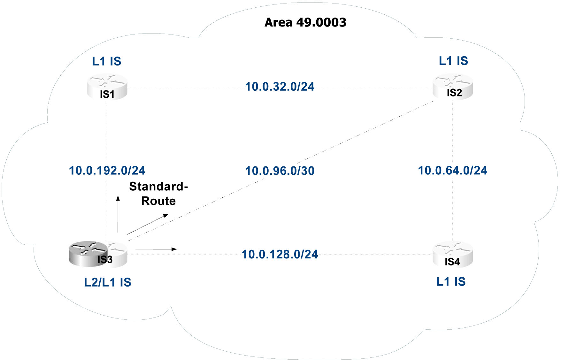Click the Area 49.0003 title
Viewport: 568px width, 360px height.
click(305, 22)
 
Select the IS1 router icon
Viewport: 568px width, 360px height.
click(107, 87)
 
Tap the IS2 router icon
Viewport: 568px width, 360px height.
click(453, 87)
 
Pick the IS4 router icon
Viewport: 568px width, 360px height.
click(453, 255)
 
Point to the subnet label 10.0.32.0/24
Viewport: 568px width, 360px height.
click(280, 87)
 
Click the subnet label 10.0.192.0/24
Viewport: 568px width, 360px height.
click(107, 171)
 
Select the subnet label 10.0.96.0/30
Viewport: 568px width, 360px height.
click(280, 171)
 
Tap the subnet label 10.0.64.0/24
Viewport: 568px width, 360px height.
click(453, 171)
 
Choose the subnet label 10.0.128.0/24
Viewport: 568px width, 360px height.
click(280, 255)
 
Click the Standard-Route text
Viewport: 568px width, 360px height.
click(158, 194)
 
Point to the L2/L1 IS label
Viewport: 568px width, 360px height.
click(108, 282)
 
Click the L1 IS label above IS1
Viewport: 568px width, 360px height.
click(106, 61)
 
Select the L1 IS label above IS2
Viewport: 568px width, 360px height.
click(453, 61)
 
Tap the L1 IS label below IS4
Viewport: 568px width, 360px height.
click(451, 282)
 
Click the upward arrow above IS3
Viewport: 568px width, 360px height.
click(118, 214)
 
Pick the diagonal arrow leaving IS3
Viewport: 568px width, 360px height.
click(148, 224)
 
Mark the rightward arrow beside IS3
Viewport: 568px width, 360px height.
click(156, 249)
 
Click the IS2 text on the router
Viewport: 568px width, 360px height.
click(454, 93)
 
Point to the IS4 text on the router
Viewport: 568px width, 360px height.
click(452, 262)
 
